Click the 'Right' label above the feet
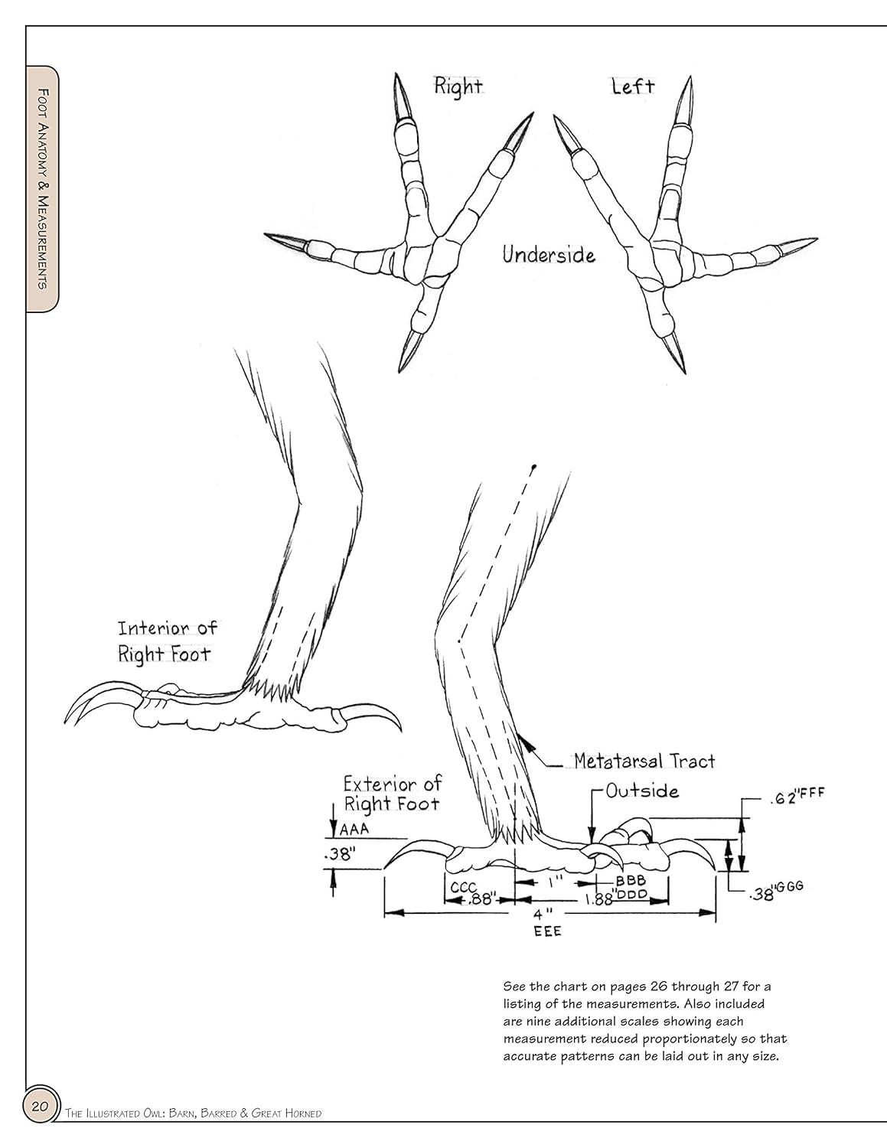pyautogui.click(x=458, y=86)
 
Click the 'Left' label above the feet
pyautogui.click(x=633, y=86)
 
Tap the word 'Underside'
pyautogui.click(x=549, y=254)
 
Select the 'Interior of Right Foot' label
pyautogui.click(x=167, y=641)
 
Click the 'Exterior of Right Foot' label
pyautogui.click(x=393, y=794)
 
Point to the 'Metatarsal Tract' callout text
pyautogui.click(x=644, y=761)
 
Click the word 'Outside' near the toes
pyautogui.click(x=642, y=791)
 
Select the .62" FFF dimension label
pyautogui.click(x=796, y=800)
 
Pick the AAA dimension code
pyautogui.click(x=354, y=830)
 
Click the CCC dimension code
pyautogui.click(x=465, y=887)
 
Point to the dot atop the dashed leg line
pyautogui.click(x=534, y=466)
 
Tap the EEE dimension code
pyautogui.click(x=548, y=931)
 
